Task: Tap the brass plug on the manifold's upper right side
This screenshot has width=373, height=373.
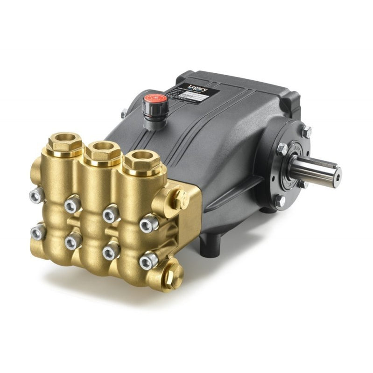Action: point(182,198)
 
